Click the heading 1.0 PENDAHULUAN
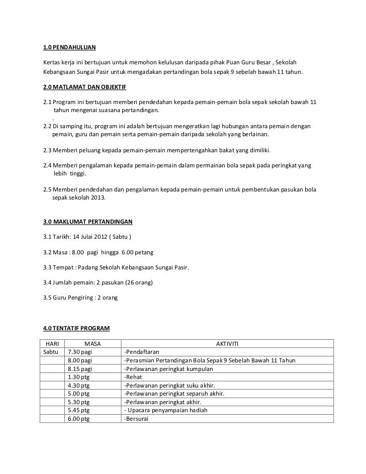tap(69, 48)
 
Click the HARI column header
tap(52, 343)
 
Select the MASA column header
tap(93, 343)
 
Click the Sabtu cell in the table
tap(52, 352)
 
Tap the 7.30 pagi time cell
tap(80, 352)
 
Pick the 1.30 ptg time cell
tap(78, 377)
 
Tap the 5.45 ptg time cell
tap(78, 410)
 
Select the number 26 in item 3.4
tap(133, 282)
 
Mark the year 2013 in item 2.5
tap(99, 198)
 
